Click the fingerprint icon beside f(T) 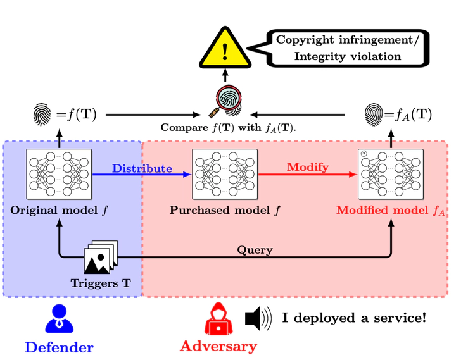[x=42, y=115]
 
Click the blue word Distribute [x=142, y=168]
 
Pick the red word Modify [x=308, y=168]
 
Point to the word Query [x=255, y=250]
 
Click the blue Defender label [x=59, y=347]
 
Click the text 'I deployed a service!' [x=354, y=318]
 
